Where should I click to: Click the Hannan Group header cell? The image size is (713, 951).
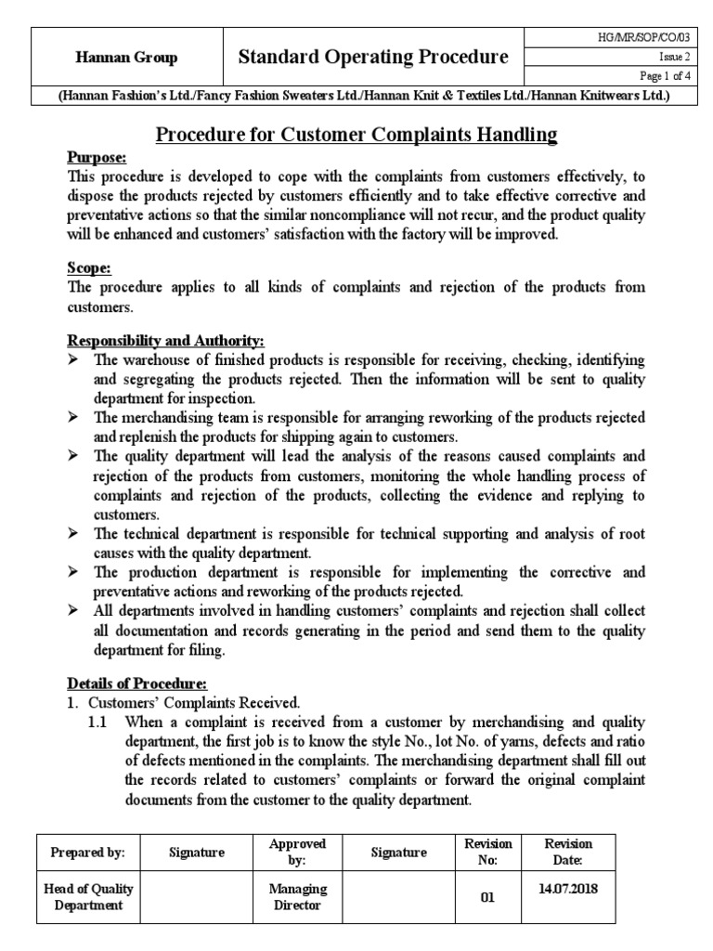pos(126,58)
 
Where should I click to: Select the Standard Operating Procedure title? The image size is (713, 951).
pos(373,58)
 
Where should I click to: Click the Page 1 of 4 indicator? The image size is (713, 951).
pos(649,75)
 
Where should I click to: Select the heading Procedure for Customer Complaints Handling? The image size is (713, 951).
pos(356,135)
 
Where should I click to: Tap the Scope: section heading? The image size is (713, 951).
pos(89,268)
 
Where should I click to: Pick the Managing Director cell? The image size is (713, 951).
pos(297,896)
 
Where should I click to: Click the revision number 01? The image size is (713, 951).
pos(487,897)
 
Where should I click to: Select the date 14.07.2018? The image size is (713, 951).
pos(567,888)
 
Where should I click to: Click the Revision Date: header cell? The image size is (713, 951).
pos(567,852)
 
